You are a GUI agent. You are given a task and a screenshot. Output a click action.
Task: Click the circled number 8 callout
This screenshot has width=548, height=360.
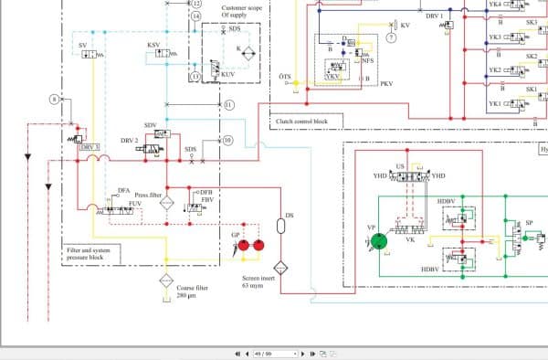(x=53, y=98)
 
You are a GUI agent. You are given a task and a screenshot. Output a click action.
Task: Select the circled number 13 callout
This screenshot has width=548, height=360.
(x=195, y=77)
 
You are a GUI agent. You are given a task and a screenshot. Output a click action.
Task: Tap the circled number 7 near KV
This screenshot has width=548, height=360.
(x=391, y=38)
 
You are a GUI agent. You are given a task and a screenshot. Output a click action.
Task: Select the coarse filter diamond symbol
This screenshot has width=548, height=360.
(x=167, y=281)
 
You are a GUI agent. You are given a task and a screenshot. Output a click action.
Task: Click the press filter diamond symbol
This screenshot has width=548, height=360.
(x=167, y=203)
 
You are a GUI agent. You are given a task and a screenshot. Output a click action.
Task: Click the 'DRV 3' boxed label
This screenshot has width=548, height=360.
(x=90, y=146)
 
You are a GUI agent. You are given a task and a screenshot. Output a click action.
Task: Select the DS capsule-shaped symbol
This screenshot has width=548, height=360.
(x=280, y=227)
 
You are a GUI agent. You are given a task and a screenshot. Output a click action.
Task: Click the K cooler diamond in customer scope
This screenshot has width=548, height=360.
(x=241, y=48)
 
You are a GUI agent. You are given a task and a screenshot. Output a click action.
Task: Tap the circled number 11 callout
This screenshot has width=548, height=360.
(x=228, y=105)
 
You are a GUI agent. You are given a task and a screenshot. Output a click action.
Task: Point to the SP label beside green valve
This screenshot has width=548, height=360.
(x=529, y=222)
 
